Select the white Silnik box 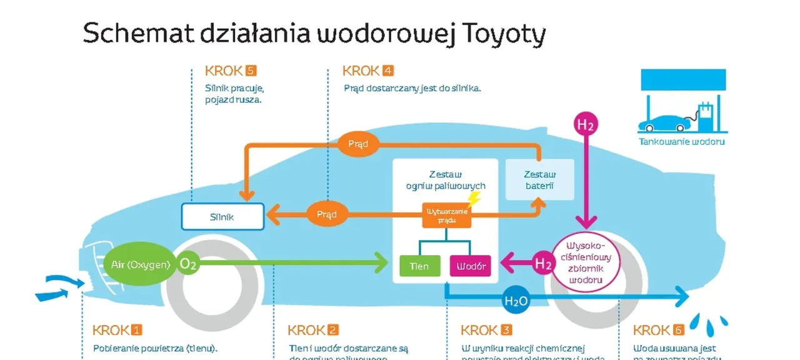(x=222, y=217)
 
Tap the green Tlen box (x=419, y=266)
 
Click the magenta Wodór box (x=471, y=266)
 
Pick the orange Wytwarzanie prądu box (x=447, y=215)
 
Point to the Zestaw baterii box (x=539, y=180)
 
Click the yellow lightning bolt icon (x=474, y=199)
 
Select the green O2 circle (x=188, y=264)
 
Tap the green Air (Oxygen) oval (x=140, y=264)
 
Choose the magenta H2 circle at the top (x=586, y=124)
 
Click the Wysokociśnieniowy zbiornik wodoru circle (x=586, y=263)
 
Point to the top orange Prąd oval (x=354, y=144)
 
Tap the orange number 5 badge (x=251, y=71)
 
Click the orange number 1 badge (x=136, y=330)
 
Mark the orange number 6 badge (x=678, y=330)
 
